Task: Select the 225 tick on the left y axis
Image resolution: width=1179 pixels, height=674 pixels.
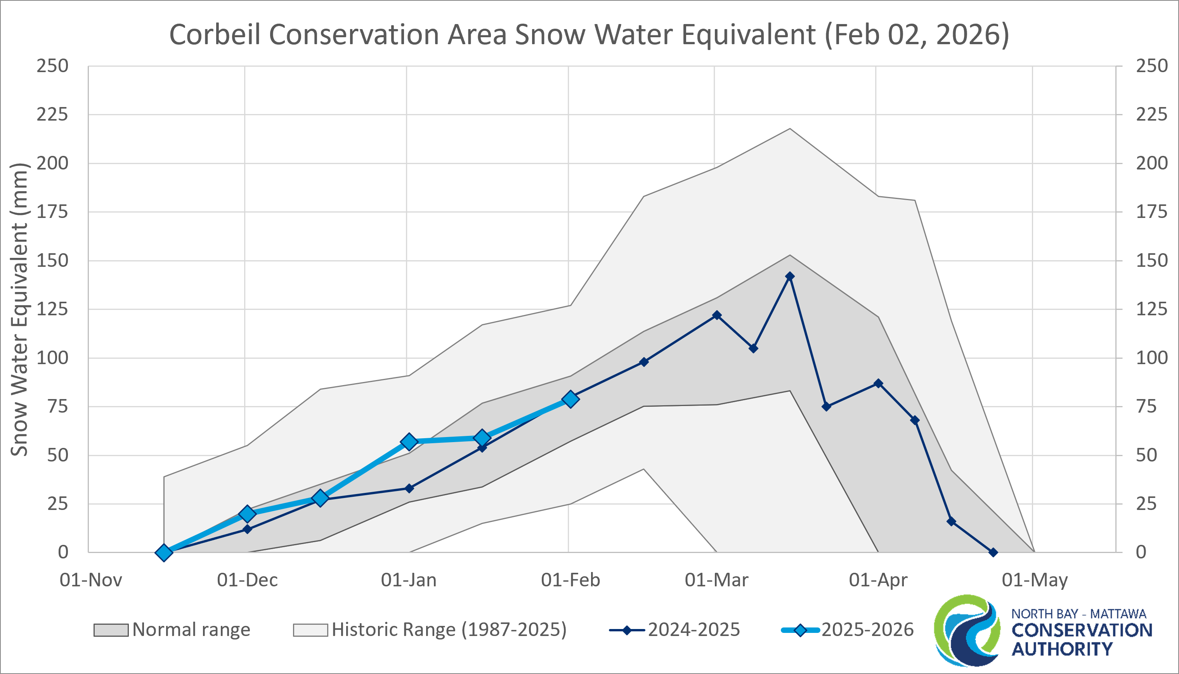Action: pyautogui.click(x=52, y=114)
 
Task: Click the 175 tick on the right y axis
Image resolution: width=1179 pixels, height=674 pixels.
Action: pyautogui.click(x=1151, y=212)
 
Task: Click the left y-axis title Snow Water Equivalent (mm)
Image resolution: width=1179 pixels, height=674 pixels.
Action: pyautogui.click(x=19, y=309)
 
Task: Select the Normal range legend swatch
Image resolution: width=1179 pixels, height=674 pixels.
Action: pyautogui.click(x=111, y=630)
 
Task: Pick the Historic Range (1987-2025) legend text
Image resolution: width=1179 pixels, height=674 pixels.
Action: pyautogui.click(x=449, y=629)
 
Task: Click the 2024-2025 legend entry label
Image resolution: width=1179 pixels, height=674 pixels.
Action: pyautogui.click(x=694, y=629)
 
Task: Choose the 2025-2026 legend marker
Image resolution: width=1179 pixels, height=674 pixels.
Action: pyautogui.click(x=800, y=630)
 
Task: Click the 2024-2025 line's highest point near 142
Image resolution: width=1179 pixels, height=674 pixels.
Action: pyautogui.click(x=790, y=277)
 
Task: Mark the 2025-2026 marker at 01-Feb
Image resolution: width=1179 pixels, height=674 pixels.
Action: pyautogui.click(x=570, y=399)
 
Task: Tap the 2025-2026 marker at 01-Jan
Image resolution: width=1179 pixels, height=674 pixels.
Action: pyautogui.click(x=409, y=442)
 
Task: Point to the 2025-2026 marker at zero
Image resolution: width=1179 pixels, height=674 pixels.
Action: pyautogui.click(x=163, y=552)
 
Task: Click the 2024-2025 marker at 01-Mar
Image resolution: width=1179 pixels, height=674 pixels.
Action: pyautogui.click(x=717, y=315)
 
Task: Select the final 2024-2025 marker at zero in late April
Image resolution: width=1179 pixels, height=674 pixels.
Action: pyautogui.click(x=993, y=552)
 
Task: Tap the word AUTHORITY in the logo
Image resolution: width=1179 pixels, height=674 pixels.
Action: pyautogui.click(x=1062, y=649)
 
